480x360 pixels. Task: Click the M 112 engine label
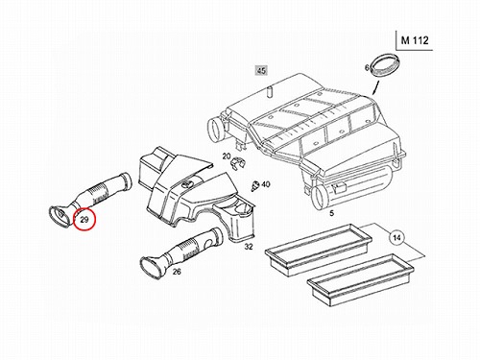click(x=415, y=40)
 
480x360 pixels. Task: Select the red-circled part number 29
click(x=84, y=220)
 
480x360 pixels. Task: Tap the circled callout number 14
click(x=396, y=238)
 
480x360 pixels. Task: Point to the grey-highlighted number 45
click(x=261, y=70)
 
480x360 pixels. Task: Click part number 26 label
click(x=177, y=272)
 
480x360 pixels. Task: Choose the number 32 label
click(x=249, y=247)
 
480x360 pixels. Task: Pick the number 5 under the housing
click(x=331, y=213)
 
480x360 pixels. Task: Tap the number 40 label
click(x=266, y=184)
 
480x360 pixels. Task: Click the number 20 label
click(x=227, y=156)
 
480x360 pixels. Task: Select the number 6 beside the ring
click(x=367, y=68)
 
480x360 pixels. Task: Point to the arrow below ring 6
click(x=375, y=88)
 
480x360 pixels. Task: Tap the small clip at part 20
click(x=237, y=163)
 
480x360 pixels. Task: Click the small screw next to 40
click(x=255, y=186)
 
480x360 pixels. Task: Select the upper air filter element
click(x=319, y=250)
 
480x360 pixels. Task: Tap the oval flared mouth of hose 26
click(x=151, y=266)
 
